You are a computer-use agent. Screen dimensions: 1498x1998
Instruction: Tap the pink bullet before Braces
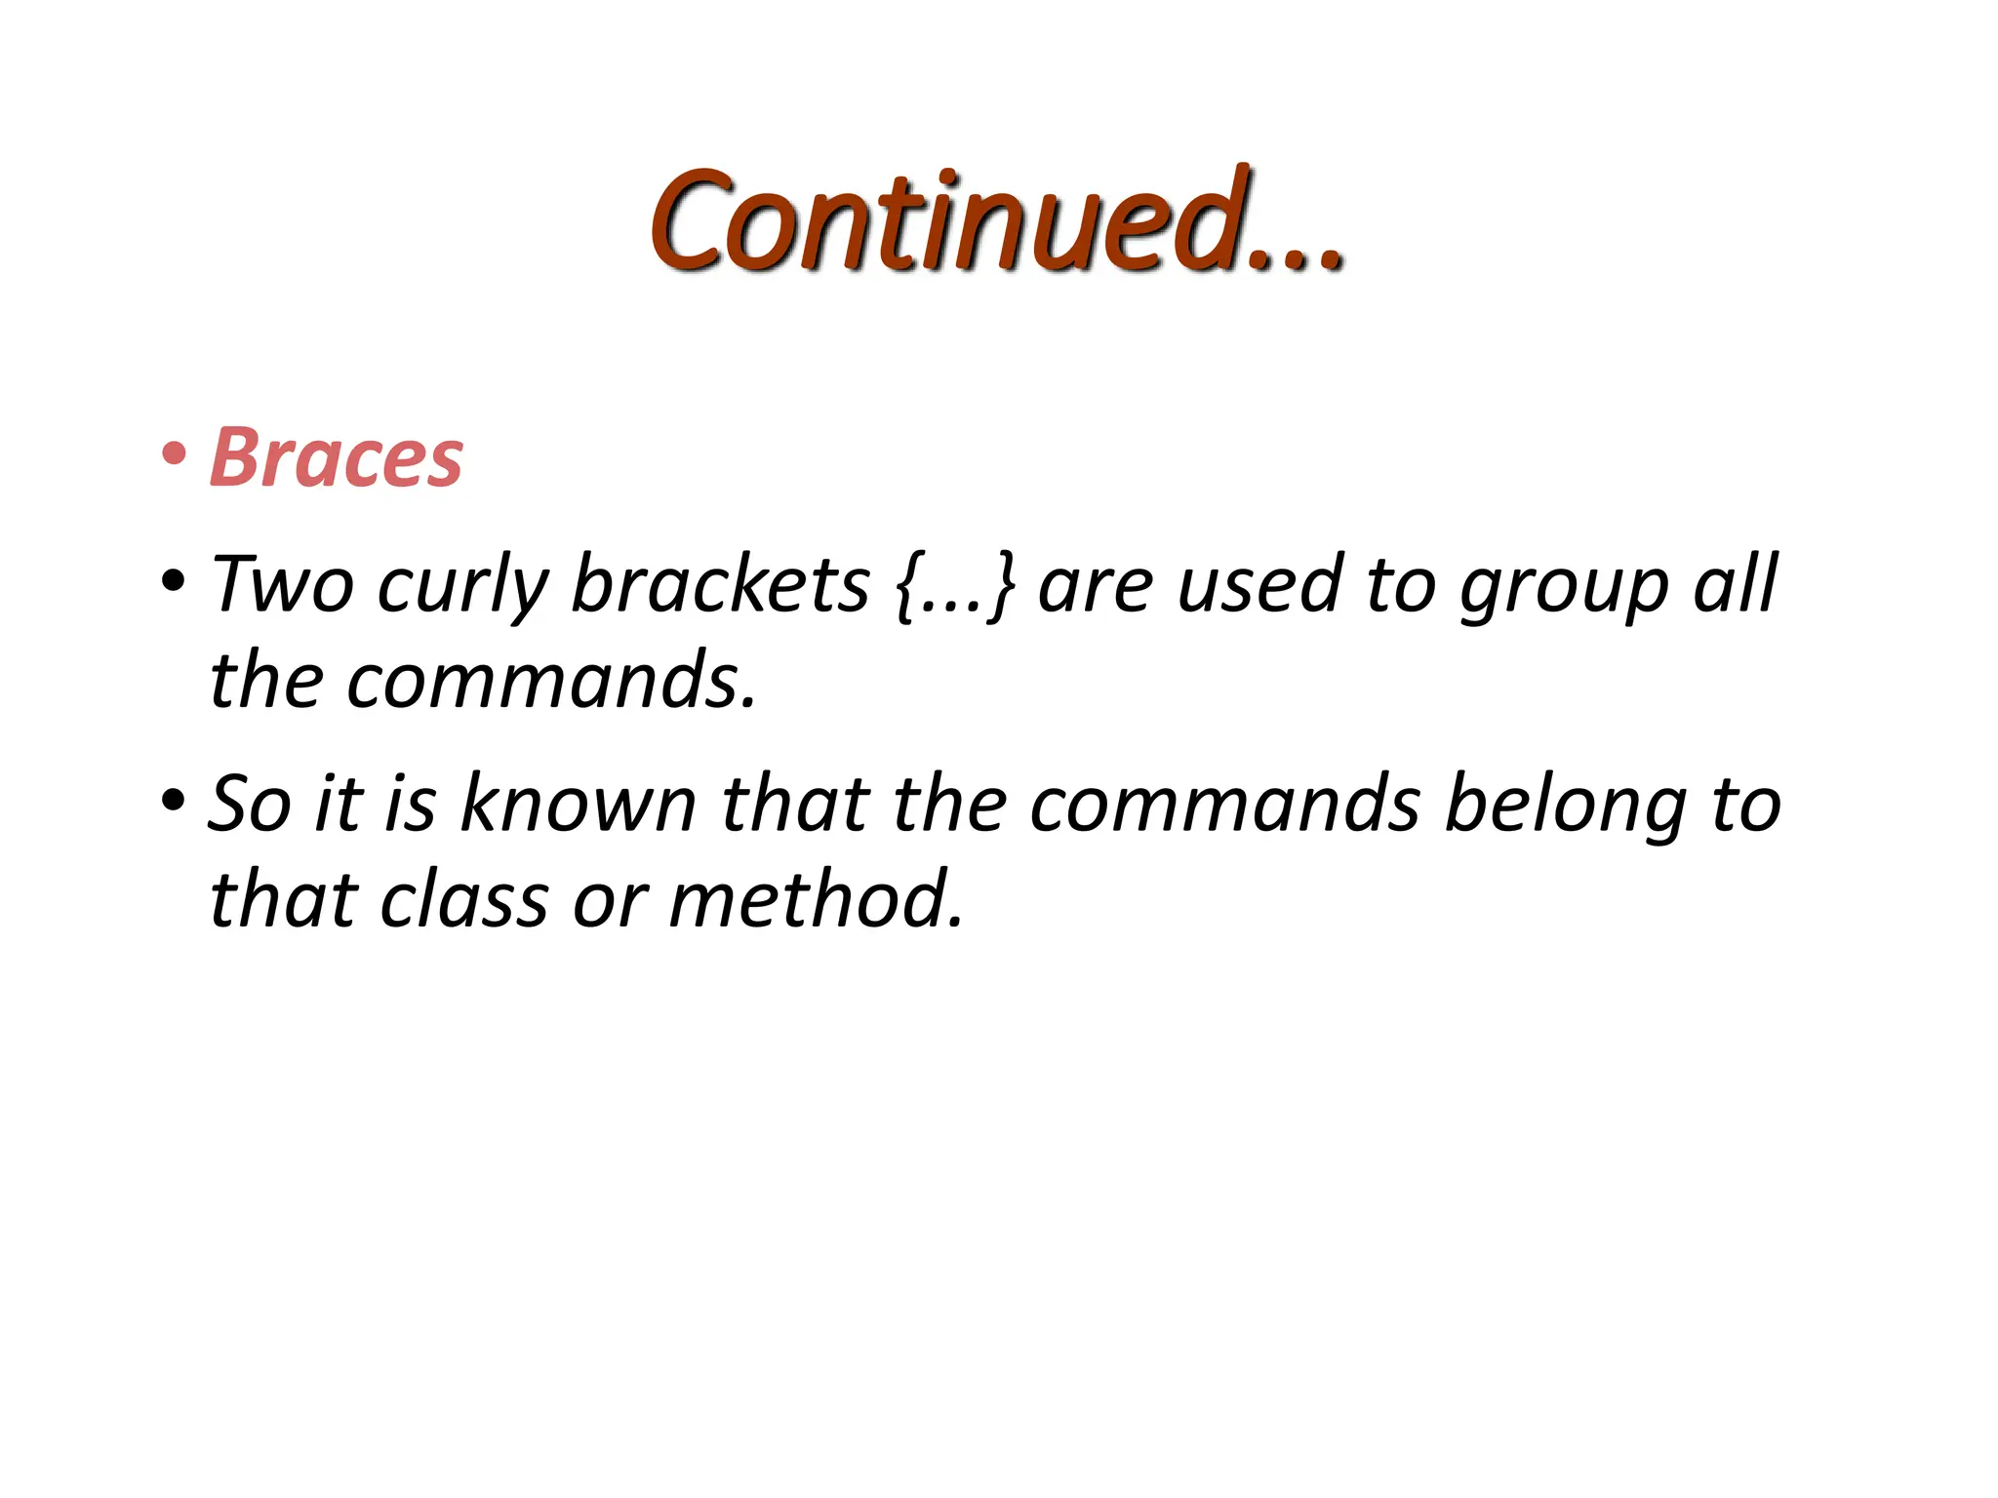coord(174,454)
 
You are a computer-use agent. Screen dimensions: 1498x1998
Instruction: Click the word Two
coord(282,585)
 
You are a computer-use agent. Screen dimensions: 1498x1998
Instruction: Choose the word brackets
coord(720,585)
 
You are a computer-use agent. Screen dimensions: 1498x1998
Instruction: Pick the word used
coord(1259,585)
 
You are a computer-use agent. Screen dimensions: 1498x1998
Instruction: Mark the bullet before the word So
coord(174,801)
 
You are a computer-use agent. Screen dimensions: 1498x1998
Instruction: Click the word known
coord(578,804)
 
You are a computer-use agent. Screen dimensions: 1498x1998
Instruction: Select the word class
coord(463,899)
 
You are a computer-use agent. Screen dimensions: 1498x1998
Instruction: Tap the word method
coord(816,899)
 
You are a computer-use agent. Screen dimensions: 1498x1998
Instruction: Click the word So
coord(250,805)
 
